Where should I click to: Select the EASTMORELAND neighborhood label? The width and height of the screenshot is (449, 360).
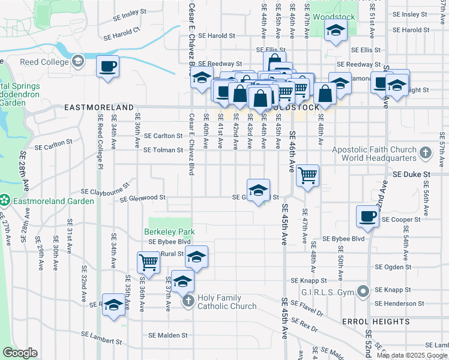pyautogui.click(x=99, y=107)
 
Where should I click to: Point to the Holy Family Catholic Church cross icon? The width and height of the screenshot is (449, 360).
pyautogui.click(x=188, y=301)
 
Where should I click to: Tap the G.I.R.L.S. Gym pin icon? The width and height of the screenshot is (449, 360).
pyautogui.click(x=363, y=292)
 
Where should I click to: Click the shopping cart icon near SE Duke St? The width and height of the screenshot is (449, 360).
pyautogui.click(x=307, y=176)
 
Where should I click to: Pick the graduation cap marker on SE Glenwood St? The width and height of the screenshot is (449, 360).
pyautogui.click(x=258, y=190)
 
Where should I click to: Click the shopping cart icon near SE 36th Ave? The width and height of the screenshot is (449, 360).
pyautogui.click(x=148, y=262)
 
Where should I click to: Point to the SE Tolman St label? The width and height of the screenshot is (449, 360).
pyautogui.click(x=163, y=150)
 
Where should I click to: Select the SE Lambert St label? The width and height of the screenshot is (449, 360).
pyautogui.click(x=101, y=341)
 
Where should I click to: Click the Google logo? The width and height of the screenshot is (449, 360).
pyautogui.click(x=20, y=353)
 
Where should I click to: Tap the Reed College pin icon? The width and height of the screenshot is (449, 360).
pyautogui.click(x=77, y=61)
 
